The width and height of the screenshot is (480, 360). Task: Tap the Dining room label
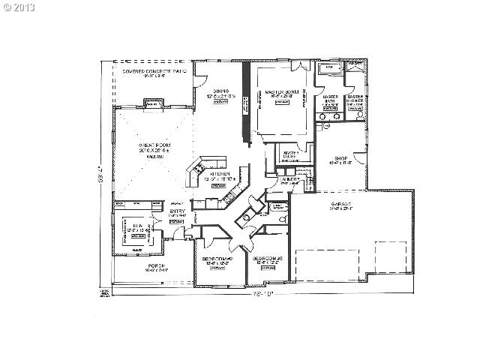(x=220, y=91)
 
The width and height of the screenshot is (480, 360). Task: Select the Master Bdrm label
(x=281, y=92)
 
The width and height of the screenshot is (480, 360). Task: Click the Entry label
(x=177, y=211)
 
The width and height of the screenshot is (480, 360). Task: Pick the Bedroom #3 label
(x=266, y=259)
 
